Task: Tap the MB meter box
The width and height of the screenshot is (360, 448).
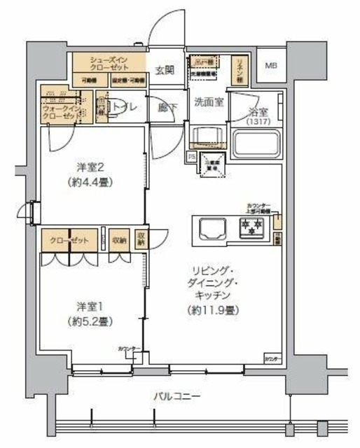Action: [270, 66]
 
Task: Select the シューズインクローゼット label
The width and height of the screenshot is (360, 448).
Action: [111, 64]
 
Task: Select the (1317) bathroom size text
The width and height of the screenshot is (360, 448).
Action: [261, 122]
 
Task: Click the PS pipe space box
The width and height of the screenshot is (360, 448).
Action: [192, 157]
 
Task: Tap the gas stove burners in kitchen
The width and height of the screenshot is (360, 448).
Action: [250, 226]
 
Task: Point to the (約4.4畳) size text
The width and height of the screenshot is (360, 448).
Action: [90, 182]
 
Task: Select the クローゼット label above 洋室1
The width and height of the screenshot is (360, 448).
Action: [69, 241]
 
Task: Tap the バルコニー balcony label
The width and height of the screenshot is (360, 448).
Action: [177, 397]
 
